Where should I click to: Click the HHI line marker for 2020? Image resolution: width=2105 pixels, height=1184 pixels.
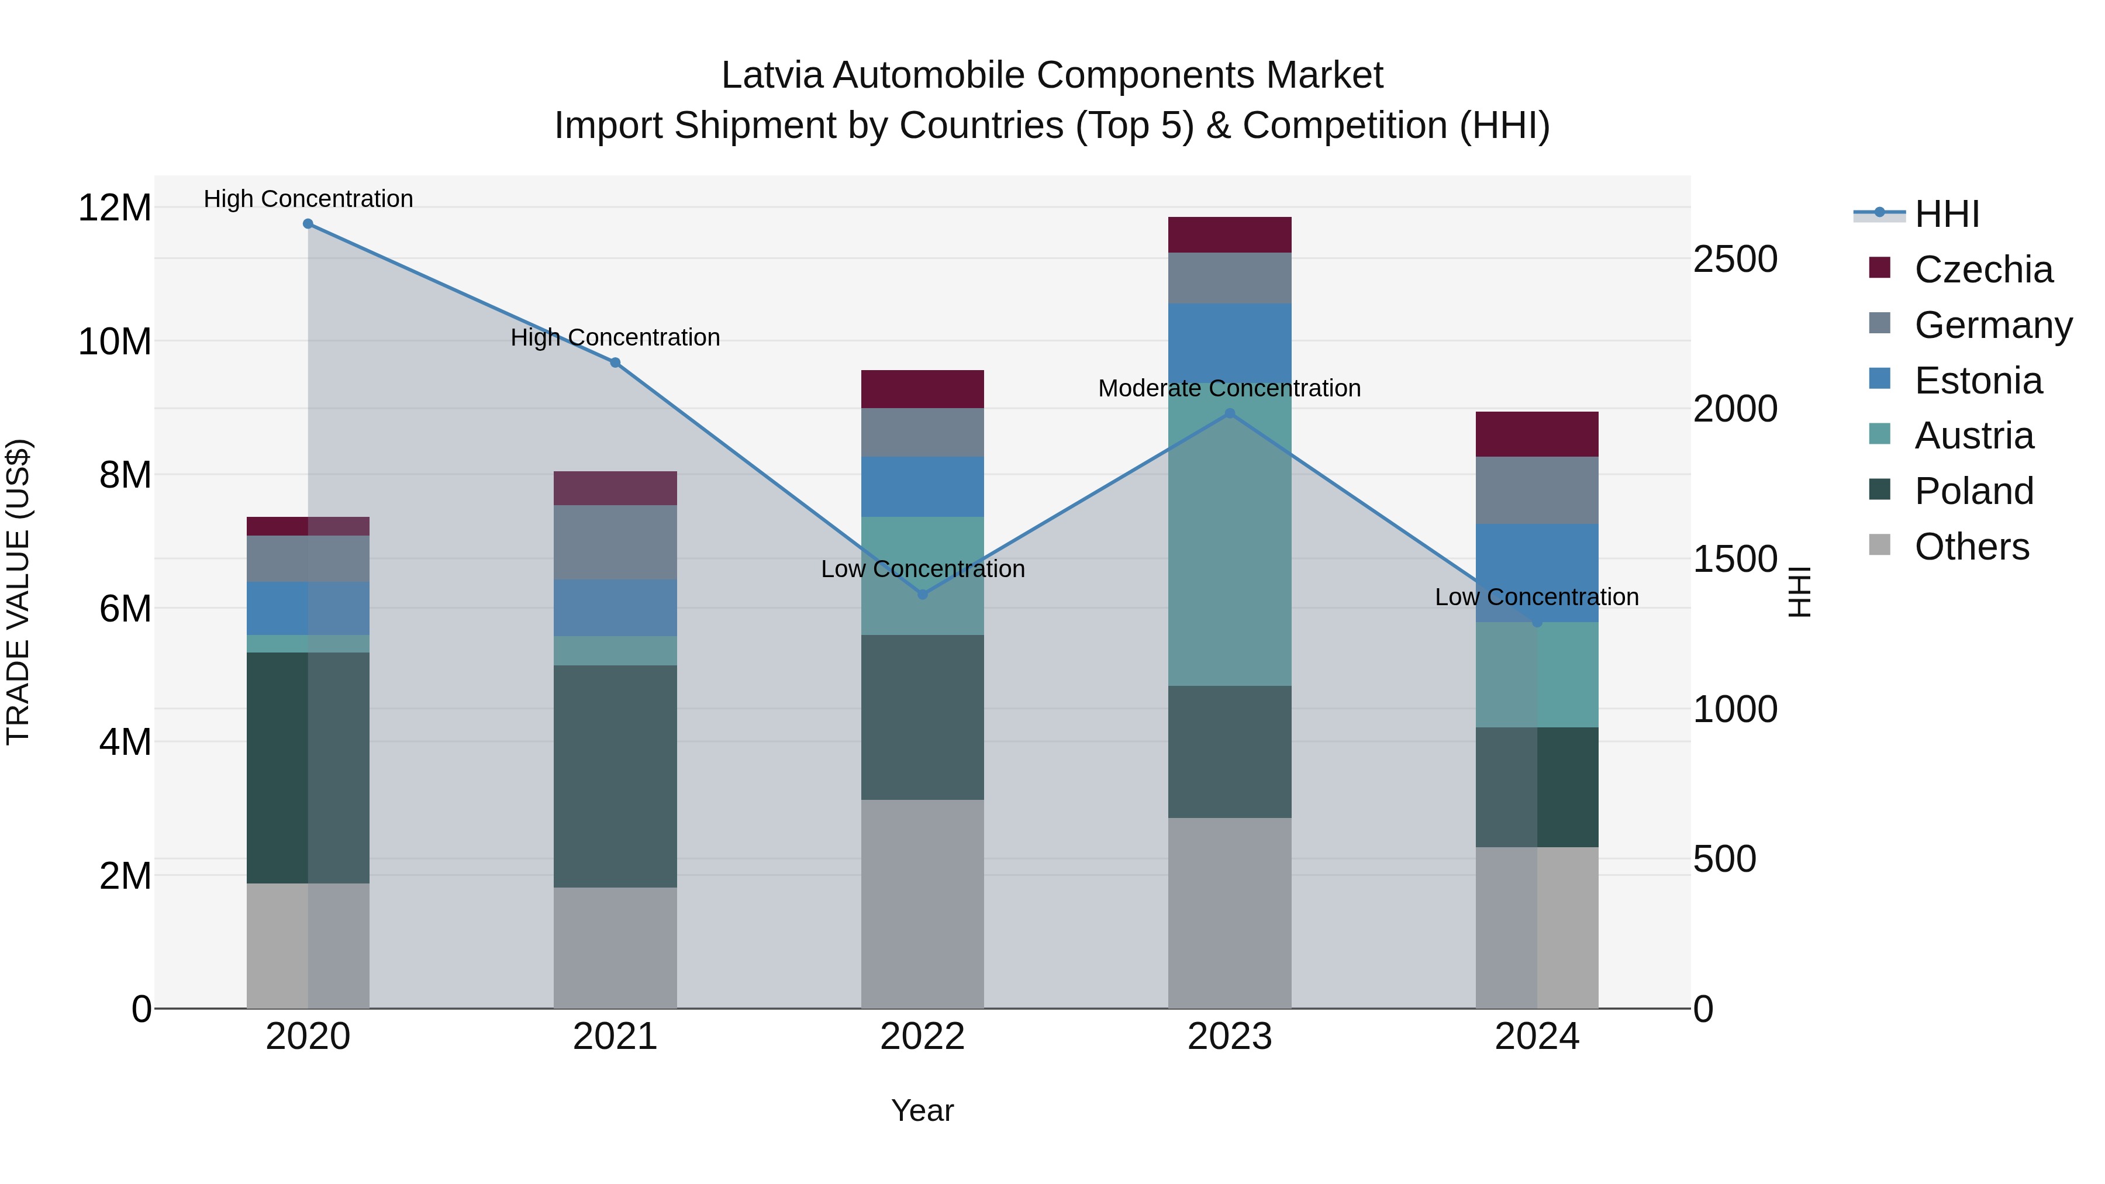(308, 224)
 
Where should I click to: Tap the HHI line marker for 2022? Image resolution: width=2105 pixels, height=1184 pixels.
(923, 594)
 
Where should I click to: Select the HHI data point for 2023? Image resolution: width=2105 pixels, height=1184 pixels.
(1230, 413)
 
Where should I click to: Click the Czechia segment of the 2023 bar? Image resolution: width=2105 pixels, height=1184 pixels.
(1230, 234)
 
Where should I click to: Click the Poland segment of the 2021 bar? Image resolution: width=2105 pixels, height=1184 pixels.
(615, 776)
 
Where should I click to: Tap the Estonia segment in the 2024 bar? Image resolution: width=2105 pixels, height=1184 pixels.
(1537, 572)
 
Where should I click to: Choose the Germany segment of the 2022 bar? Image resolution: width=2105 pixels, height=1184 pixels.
(923, 432)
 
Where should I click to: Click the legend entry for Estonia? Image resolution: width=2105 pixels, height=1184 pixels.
(1978, 381)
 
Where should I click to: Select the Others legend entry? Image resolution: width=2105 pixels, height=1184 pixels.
(1971, 547)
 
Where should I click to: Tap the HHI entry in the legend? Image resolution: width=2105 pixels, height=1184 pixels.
(1947, 214)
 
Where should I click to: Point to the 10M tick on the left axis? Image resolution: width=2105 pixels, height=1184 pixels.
(115, 341)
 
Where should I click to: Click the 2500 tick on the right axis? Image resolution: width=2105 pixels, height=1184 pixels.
(1735, 259)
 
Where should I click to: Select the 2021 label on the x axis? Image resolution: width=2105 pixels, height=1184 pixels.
(615, 1037)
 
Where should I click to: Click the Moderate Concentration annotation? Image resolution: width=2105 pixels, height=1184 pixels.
(1229, 388)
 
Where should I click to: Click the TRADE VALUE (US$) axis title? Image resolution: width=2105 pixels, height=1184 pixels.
(18, 592)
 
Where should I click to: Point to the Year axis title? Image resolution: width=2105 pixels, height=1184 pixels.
(923, 1110)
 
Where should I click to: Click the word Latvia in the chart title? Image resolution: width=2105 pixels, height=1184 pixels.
(772, 75)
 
